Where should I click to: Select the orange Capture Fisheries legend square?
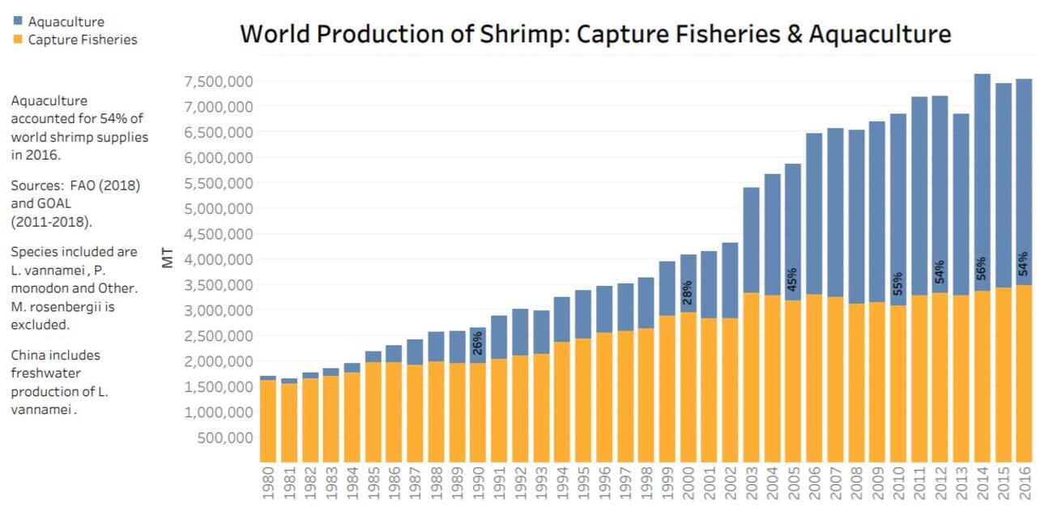(17, 40)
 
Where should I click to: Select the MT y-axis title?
(168, 259)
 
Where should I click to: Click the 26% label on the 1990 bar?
(478, 345)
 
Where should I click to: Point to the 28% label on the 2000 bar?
(688, 292)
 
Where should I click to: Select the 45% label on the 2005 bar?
(793, 279)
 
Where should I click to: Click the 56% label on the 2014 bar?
(982, 268)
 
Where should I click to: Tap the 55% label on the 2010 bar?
(898, 283)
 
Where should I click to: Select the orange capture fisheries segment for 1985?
(373, 412)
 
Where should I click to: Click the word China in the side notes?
(29, 355)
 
